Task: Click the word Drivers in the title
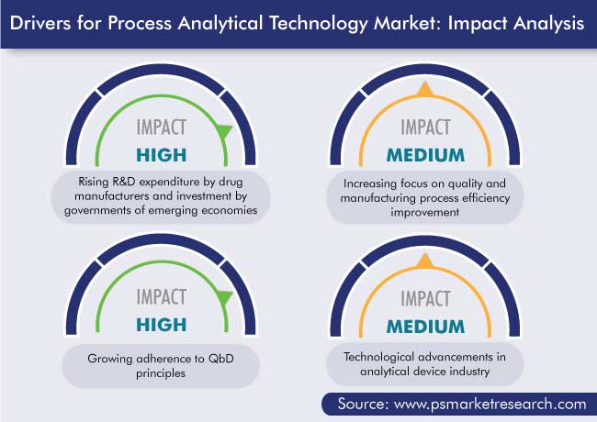[x=40, y=23]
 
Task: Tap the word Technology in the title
[x=319, y=25]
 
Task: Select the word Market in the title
[x=408, y=23]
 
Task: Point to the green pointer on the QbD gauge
[x=224, y=297]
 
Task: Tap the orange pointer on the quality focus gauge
[x=425, y=89]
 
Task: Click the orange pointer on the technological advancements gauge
[x=425, y=261]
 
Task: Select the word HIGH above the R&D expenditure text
[x=162, y=155]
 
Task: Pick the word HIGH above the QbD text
[x=162, y=325]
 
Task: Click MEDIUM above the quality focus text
[x=425, y=155]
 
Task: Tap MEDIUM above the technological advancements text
[x=425, y=327]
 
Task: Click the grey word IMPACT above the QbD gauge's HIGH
[x=162, y=297]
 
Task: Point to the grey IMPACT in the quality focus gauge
[x=425, y=127]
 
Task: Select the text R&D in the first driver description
[x=123, y=182]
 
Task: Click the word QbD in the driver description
[x=220, y=359]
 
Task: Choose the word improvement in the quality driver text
[x=424, y=212]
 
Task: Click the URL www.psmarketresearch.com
[x=490, y=405]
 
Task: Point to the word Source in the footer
[x=363, y=404]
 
